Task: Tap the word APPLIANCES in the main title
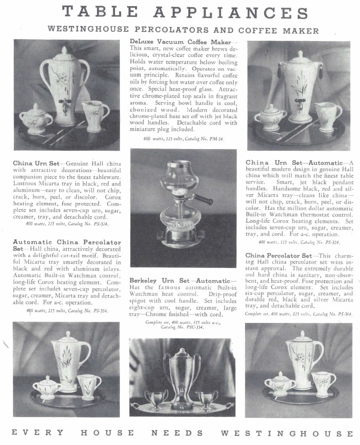point(231,13)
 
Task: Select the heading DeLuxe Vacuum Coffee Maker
point(180,42)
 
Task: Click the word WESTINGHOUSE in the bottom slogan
point(287,434)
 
